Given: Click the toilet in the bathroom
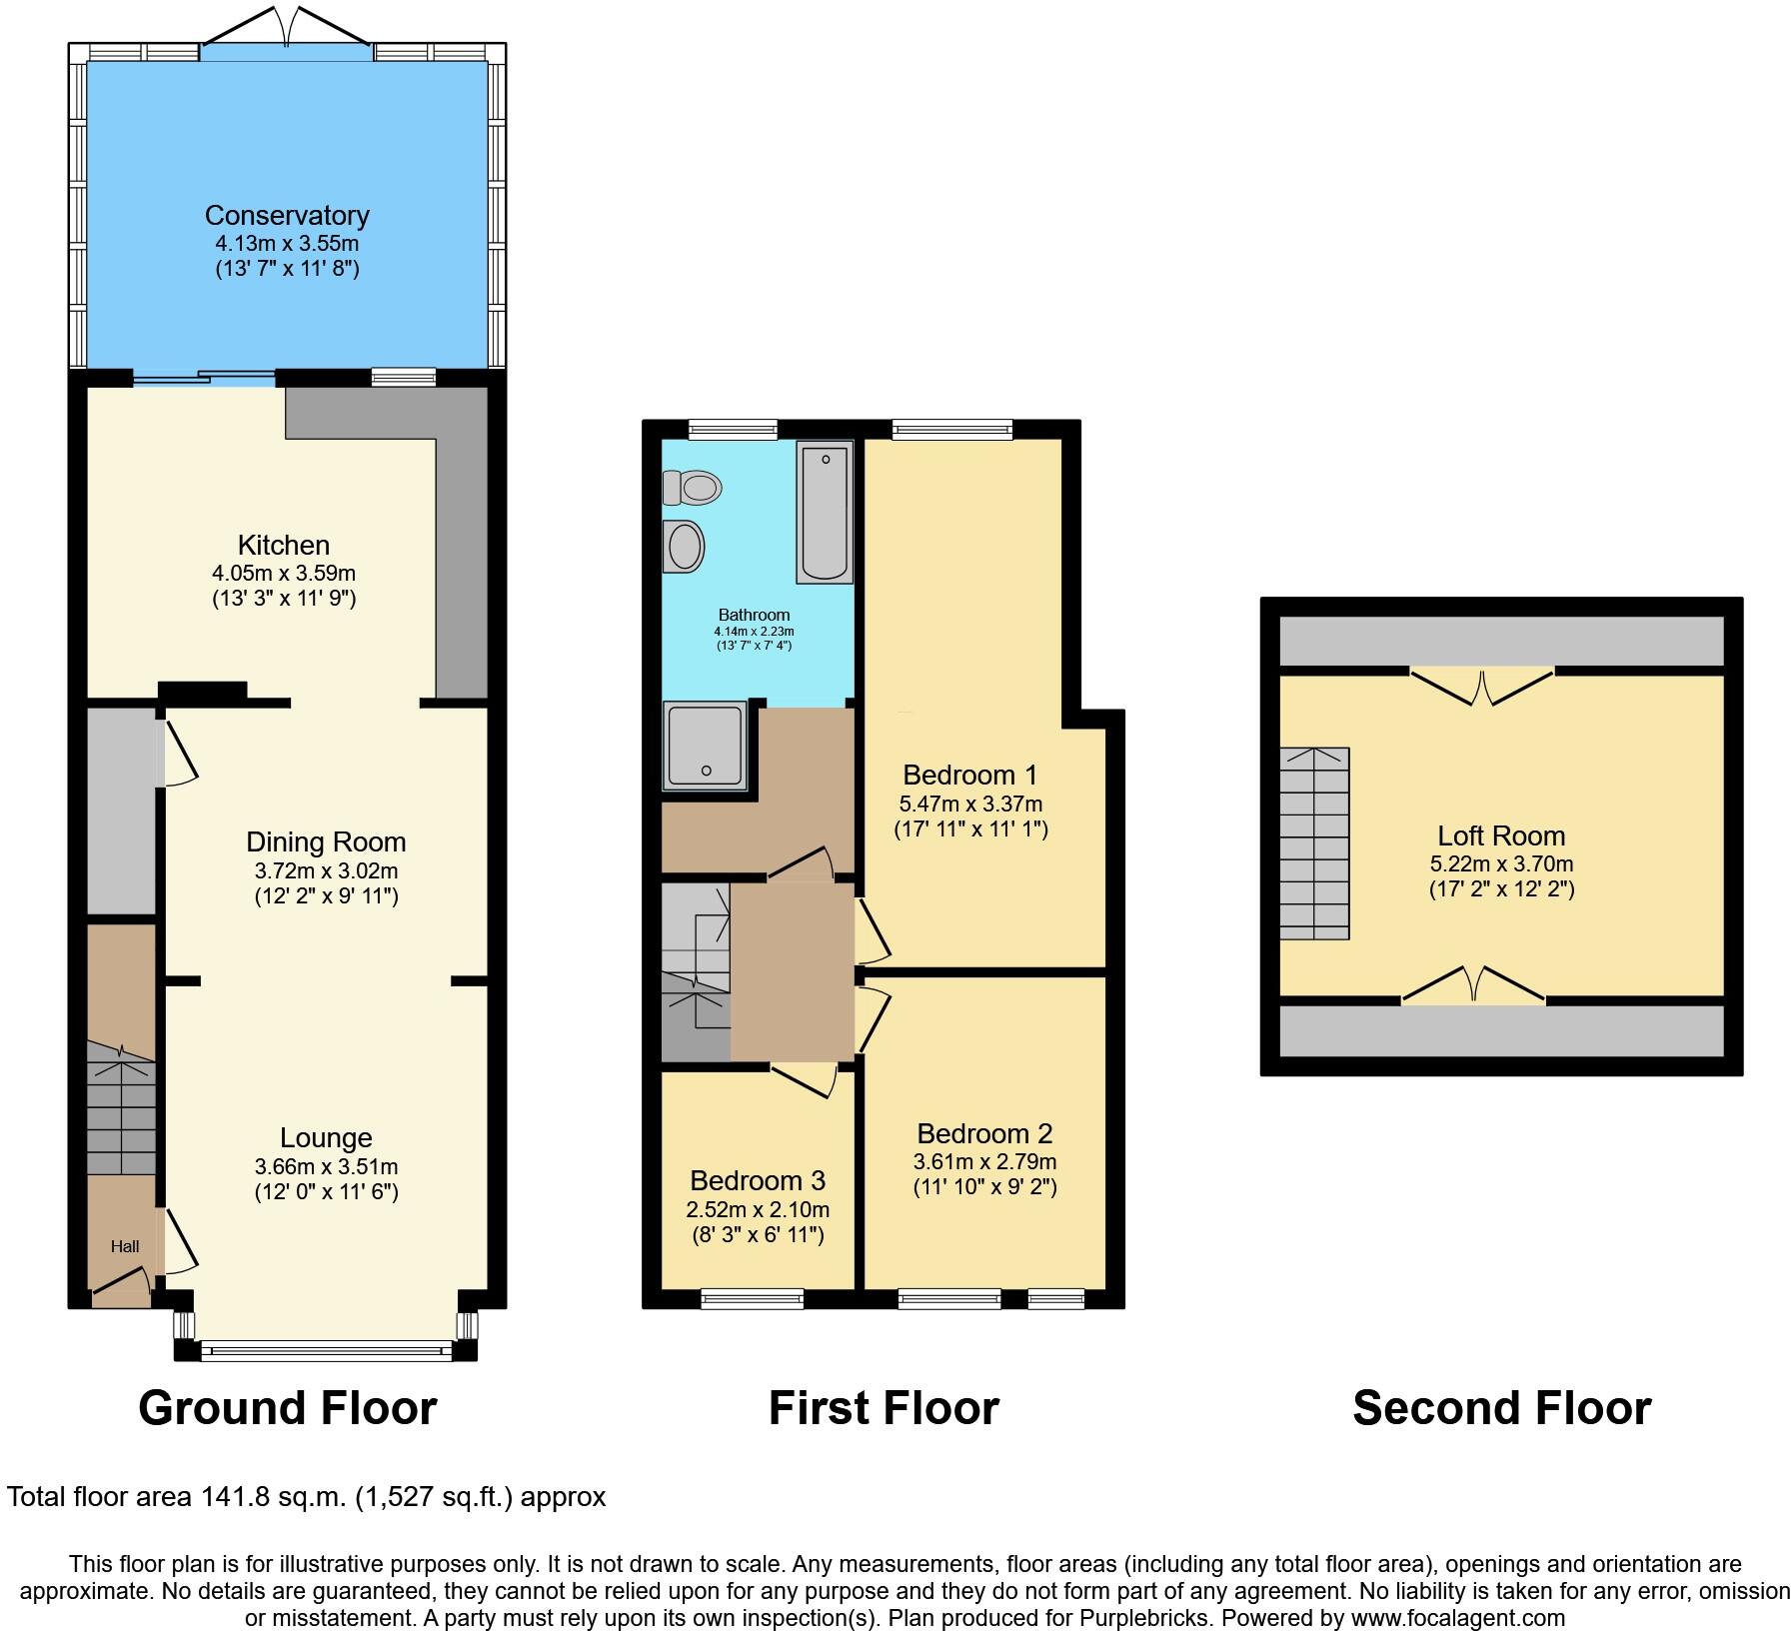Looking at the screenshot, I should coord(693,489).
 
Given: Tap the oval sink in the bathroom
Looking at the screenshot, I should coord(685,548).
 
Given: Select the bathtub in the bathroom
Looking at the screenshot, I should coord(825,512).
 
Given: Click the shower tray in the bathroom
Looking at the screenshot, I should coord(705,746).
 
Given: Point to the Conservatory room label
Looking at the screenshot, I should coord(287,215).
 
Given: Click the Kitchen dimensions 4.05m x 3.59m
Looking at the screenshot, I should coord(284,574).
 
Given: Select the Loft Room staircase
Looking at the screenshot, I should coord(1314,843).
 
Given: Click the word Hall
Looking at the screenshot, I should coord(125,1246).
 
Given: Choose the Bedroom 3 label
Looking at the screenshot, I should coord(758,1180).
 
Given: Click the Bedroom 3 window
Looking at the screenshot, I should coord(753,1299).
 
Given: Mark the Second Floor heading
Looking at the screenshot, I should coord(1501,1408).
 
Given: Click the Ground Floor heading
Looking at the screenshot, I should coord(288,1408).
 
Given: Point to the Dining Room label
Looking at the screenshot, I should coord(326,841).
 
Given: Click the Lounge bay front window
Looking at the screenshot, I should coord(325,1351).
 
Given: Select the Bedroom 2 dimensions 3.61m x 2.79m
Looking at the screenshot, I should coord(984,1161).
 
